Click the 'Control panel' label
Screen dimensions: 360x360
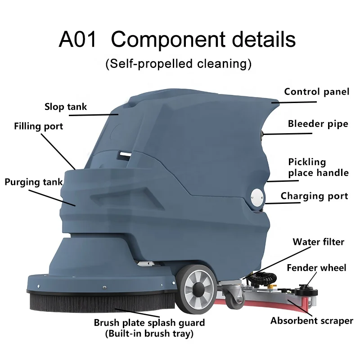316,92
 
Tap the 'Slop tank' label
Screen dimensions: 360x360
66,107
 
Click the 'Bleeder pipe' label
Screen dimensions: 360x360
318,124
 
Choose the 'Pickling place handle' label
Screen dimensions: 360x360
318,167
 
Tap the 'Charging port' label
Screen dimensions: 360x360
314,196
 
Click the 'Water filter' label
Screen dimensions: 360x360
318,242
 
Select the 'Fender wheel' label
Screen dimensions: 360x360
316,268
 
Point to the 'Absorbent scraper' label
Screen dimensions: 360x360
311,321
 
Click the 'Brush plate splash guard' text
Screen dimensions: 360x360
149,323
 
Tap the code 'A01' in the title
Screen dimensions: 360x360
78,40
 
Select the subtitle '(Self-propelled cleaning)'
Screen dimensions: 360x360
178,63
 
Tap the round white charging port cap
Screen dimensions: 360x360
255,196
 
